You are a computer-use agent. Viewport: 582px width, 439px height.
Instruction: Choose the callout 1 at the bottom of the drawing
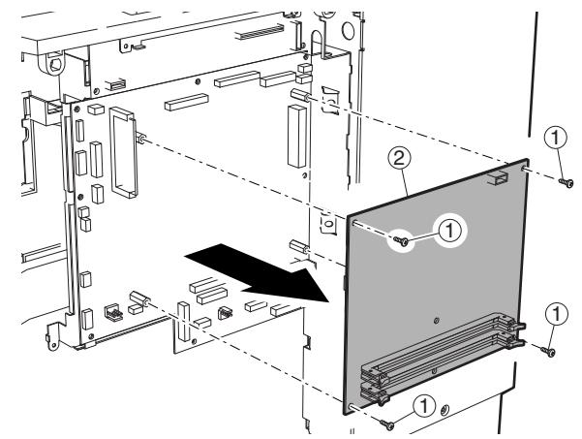click(x=423, y=408)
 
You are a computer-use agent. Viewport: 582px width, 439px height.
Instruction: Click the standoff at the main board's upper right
click(x=299, y=95)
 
